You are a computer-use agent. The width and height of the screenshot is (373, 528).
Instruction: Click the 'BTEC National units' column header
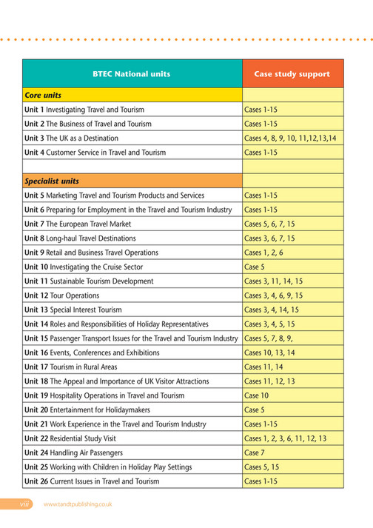[x=132, y=74]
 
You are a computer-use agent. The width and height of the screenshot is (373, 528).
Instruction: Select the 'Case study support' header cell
[x=292, y=74]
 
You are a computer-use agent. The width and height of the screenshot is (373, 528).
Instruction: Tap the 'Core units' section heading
[x=43, y=96]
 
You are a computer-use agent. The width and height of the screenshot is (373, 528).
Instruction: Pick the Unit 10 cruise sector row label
[x=83, y=267]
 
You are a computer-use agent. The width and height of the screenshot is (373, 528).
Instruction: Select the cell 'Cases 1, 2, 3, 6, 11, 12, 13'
[x=285, y=438]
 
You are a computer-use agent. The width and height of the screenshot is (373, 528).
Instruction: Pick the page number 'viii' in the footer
[x=27, y=504]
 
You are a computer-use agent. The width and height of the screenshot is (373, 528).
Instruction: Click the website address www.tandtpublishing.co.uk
[x=78, y=504]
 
